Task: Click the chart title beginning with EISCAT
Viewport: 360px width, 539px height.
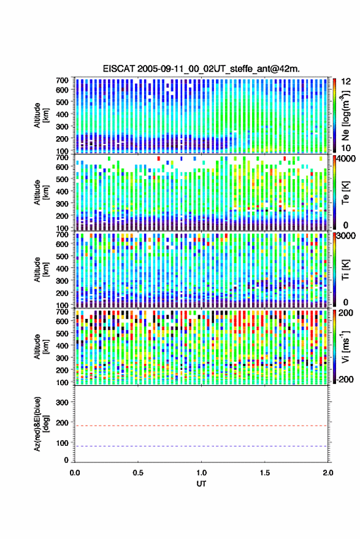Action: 201,69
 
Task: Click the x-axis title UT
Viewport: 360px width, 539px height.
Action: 201,484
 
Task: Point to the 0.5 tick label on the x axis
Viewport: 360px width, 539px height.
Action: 138,473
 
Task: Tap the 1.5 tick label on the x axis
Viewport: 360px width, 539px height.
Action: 265,473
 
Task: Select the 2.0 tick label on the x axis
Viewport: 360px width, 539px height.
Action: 328,473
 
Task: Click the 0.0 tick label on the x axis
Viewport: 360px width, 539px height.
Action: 75,473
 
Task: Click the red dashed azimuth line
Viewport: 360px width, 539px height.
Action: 201,426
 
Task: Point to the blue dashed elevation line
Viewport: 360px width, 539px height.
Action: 201,446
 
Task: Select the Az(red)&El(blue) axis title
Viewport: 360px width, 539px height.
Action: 40,424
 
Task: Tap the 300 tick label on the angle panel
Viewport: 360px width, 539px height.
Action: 62,402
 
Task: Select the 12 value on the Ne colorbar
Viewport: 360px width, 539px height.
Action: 346,82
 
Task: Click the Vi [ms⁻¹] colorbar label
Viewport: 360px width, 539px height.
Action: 346,346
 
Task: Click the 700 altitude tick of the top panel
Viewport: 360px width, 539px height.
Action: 62,80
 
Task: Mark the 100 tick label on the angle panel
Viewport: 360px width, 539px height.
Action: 62,443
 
